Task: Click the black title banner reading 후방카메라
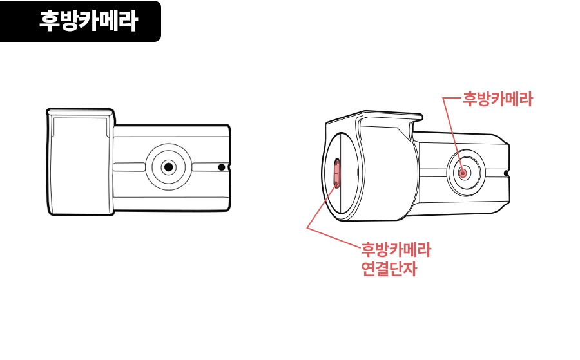81,21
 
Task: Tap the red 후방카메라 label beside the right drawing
498,99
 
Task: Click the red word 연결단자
389,269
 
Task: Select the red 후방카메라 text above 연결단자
396,250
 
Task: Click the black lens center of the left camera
169,167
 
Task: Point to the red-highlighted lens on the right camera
463,173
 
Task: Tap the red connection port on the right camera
336,172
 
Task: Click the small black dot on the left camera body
222,167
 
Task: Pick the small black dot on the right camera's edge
507,173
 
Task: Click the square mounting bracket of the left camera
81,162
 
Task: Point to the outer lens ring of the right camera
447,173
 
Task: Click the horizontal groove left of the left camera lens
129,167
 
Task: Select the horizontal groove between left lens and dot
204,167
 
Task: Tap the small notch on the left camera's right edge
229,167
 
